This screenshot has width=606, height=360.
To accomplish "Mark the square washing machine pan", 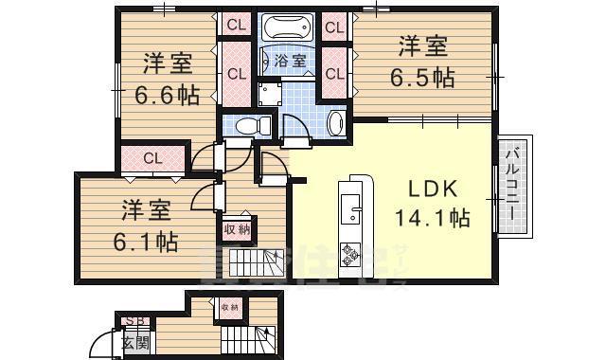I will [x=271, y=93].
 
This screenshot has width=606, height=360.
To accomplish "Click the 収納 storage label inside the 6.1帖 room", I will [x=237, y=229].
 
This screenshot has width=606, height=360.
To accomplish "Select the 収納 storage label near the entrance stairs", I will [x=230, y=307].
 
